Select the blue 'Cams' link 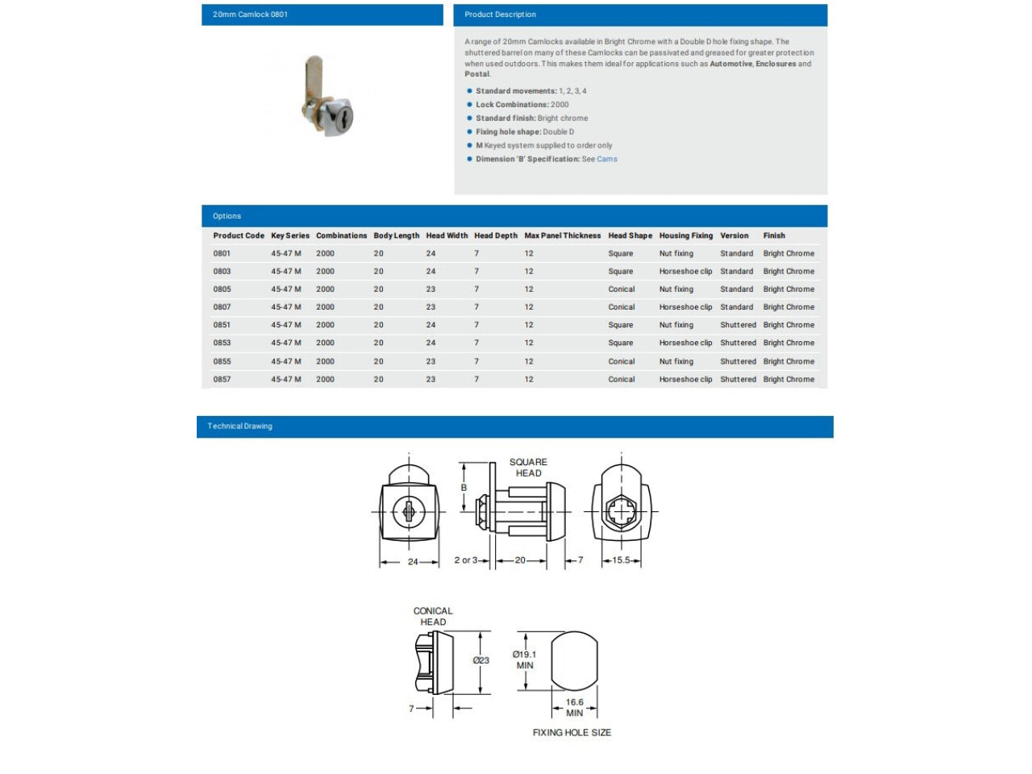pyautogui.click(x=607, y=160)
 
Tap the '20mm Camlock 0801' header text pyautogui.click(x=250, y=15)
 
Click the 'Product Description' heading pyautogui.click(x=500, y=15)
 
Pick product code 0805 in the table pyautogui.click(x=222, y=289)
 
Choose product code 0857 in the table pyautogui.click(x=222, y=380)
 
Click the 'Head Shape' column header pyautogui.click(x=630, y=236)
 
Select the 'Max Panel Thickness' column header pyautogui.click(x=562, y=236)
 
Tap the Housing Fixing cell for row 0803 pyautogui.click(x=685, y=272)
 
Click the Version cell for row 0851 pyautogui.click(x=738, y=326)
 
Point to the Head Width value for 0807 pyautogui.click(x=431, y=307)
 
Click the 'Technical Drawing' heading pyautogui.click(x=239, y=427)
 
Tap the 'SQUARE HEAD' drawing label pyautogui.click(x=528, y=468)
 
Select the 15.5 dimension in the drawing pyautogui.click(x=621, y=560)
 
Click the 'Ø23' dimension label pyautogui.click(x=481, y=660)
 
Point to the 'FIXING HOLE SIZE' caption pyautogui.click(x=572, y=733)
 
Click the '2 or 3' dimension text pyautogui.click(x=466, y=560)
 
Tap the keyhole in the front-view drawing pyautogui.click(x=408, y=511)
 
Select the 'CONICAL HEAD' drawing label pyautogui.click(x=433, y=617)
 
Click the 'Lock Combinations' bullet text pyautogui.click(x=522, y=105)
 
